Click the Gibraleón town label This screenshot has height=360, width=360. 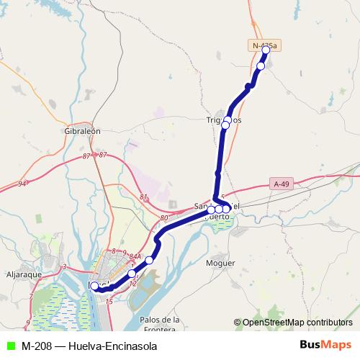click(x=81, y=133)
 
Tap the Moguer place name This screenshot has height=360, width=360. click(x=220, y=264)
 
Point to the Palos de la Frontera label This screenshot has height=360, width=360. click(x=160, y=324)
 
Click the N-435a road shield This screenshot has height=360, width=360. click(x=264, y=45)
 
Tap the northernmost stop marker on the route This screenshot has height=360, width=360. click(x=266, y=50)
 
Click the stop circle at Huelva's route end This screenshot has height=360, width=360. click(x=94, y=286)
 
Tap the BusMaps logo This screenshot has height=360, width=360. click(x=326, y=346)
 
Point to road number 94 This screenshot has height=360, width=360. click(x=22, y=184)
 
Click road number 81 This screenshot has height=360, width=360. click(x=144, y=197)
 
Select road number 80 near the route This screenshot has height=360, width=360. click(x=164, y=217)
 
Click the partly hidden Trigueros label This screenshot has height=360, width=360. click(x=223, y=120)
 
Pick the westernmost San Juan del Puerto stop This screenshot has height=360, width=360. click(x=211, y=210)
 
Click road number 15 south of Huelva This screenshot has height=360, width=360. click(x=109, y=301)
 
